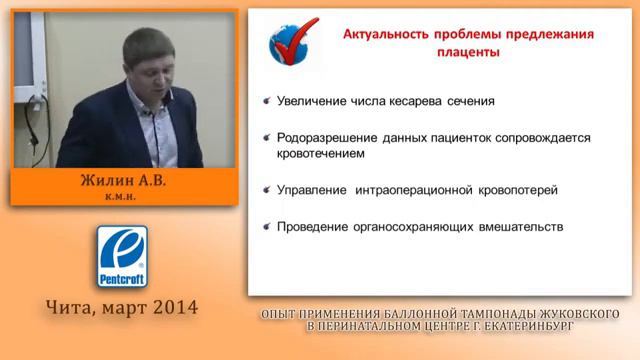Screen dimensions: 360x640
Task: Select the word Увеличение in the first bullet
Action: (x=314, y=102)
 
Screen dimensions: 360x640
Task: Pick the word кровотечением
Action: (x=321, y=154)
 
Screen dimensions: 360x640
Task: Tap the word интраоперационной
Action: (x=423, y=190)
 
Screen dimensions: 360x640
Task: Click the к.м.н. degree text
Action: (x=125, y=199)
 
